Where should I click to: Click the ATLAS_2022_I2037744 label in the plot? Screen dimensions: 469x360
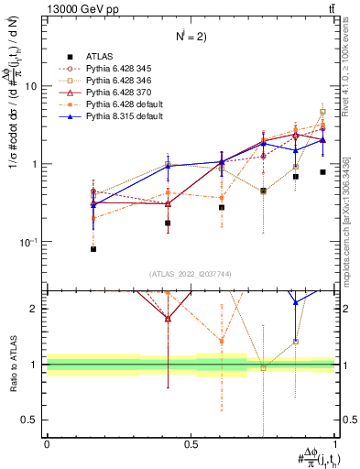[x=191, y=275]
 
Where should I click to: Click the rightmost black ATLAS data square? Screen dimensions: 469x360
[x=322, y=172]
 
